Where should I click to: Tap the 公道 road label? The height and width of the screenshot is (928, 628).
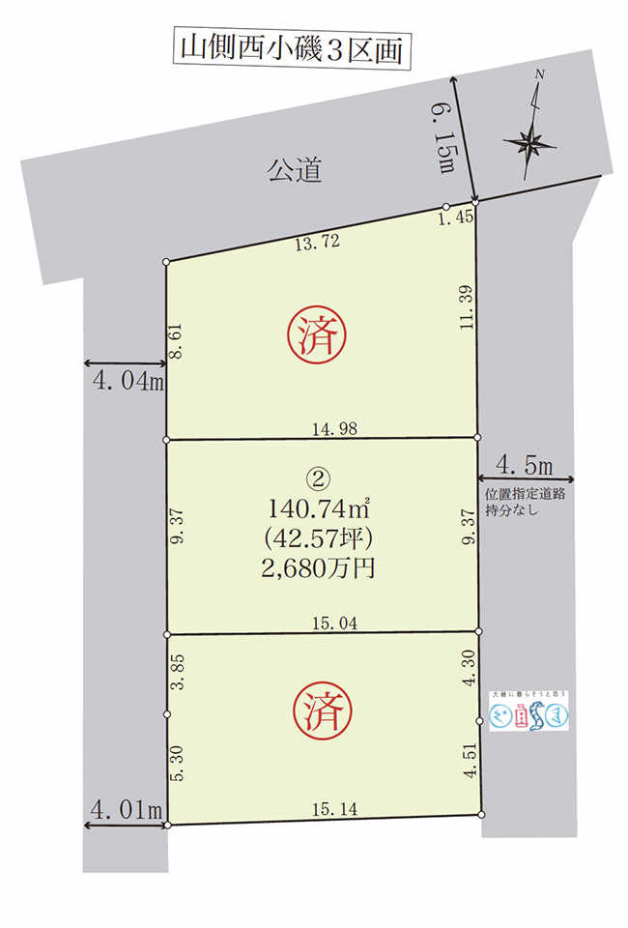pos(293,172)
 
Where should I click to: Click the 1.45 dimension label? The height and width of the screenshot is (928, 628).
pos(454,218)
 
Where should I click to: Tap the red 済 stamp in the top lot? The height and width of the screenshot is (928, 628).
pos(317,335)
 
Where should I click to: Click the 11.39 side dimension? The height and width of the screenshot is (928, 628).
pos(466,308)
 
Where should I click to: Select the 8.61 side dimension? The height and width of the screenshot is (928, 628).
pos(176,342)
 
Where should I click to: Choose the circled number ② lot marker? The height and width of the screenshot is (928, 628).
pos(317,478)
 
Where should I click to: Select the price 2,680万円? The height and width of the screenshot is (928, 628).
pos(317,567)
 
